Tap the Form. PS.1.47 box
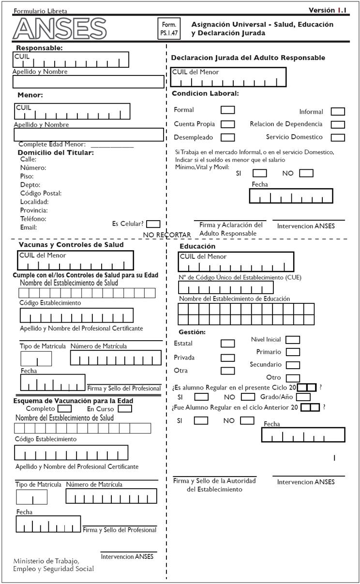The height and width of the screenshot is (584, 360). pyautogui.click(x=169, y=28)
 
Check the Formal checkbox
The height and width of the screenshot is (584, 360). pyautogui.click(x=228, y=110)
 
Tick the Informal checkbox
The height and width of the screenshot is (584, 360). pyautogui.click(x=338, y=112)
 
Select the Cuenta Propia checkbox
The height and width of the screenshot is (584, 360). pyautogui.click(x=228, y=124)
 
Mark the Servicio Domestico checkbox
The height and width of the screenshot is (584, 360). pyautogui.click(x=338, y=137)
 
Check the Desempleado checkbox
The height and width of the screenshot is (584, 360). pyautogui.click(x=228, y=137)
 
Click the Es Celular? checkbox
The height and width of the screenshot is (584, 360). pyautogui.click(x=153, y=224)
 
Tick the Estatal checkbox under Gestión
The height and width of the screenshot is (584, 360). pyautogui.click(x=227, y=343)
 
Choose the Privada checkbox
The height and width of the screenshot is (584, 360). pyautogui.click(x=227, y=358)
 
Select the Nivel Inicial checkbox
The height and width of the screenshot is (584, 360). pyautogui.click(x=293, y=340)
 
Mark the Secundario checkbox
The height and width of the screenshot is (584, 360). pyautogui.click(x=293, y=365)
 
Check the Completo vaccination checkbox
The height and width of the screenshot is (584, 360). pyautogui.click(x=65, y=408)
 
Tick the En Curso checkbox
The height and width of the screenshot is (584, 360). pyautogui.click(x=125, y=408)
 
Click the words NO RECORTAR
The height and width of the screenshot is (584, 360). pyautogui.click(x=167, y=235)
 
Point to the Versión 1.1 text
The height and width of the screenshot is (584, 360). pyautogui.click(x=328, y=10)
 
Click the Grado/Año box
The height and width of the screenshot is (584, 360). pyautogui.click(x=303, y=397)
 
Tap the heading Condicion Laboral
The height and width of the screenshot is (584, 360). pyautogui.click(x=205, y=93)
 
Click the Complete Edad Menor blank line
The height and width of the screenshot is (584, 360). pyautogui.click(x=112, y=145)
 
